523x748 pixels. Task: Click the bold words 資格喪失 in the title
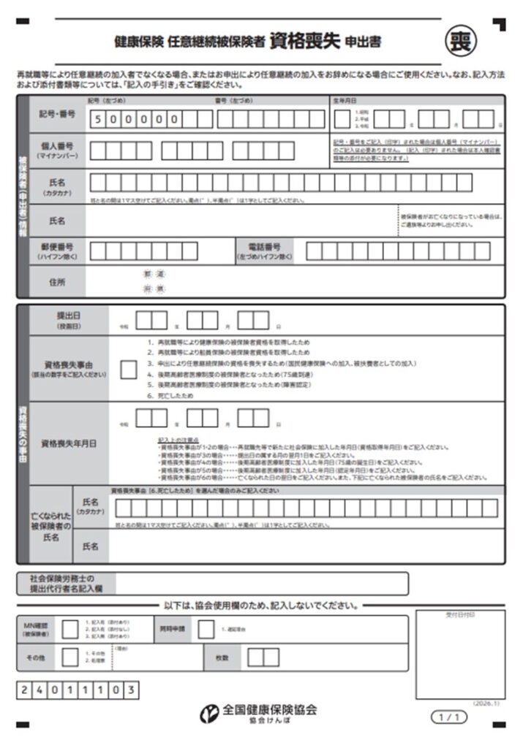(304, 41)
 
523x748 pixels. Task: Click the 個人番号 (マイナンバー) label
(57, 150)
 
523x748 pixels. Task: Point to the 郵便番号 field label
(57, 251)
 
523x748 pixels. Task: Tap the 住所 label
(57, 282)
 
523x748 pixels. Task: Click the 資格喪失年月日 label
(69, 443)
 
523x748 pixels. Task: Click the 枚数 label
(222, 657)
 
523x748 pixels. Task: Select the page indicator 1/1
(448, 717)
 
